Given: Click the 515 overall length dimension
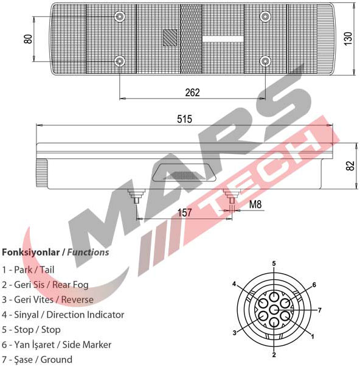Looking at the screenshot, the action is (x=185, y=119).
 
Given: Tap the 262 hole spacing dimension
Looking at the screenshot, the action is (x=193, y=93).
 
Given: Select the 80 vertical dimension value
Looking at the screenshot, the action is (x=28, y=39).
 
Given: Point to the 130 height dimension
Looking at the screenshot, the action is (x=348, y=38).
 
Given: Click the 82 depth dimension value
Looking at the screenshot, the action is (x=350, y=166).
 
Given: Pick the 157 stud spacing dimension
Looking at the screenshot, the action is (x=185, y=212).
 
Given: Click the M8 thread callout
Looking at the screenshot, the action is (x=255, y=204).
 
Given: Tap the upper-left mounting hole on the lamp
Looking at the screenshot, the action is (x=120, y=16).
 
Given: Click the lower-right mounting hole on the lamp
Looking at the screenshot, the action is (x=266, y=61).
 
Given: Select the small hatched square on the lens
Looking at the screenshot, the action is (x=170, y=38).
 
